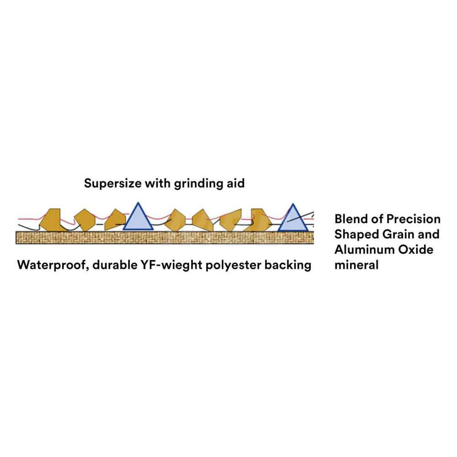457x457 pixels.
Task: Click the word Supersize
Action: pyautogui.click(x=112, y=184)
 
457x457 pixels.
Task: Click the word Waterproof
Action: pyautogui.click(x=53, y=265)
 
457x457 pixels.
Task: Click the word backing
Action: pyautogui.click(x=289, y=265)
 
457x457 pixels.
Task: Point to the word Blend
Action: pyautogui.click(x=351, y=219)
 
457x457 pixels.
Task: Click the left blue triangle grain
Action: pyautogui.click(x=138, y=218)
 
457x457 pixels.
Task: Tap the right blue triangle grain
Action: pyautogui.click(x=292, y=220)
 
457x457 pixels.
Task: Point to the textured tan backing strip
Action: pyautogui.click(x=165, y=237)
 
